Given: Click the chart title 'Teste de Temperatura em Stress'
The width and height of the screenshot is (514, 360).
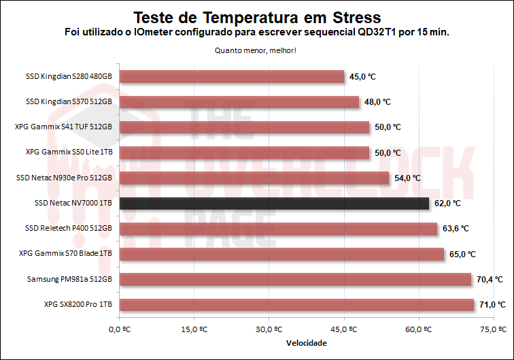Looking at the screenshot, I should [256, 16].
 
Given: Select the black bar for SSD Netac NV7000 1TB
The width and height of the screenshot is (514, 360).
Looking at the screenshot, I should [274, 203].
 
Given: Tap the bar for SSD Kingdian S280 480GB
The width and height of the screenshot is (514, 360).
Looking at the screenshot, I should [232, 77].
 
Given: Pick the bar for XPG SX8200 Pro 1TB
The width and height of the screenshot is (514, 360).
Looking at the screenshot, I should [296, 304].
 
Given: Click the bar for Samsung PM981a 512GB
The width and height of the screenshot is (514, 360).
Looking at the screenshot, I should [295, 279].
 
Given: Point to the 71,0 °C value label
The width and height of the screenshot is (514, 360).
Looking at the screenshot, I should [492, 304].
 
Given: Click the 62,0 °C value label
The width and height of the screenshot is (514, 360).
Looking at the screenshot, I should [447, 203].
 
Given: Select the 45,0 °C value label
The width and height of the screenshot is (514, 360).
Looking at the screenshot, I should [362, 77].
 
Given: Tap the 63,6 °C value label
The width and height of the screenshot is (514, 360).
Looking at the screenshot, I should [456, 229].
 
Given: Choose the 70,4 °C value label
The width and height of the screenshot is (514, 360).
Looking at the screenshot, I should [489, 279].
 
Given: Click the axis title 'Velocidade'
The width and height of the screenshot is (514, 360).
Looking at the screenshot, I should [306, 343].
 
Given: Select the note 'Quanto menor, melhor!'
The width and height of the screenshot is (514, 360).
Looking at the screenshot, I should [256, 50].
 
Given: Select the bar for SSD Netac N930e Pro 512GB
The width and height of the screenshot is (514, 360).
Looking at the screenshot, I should [254, 178].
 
